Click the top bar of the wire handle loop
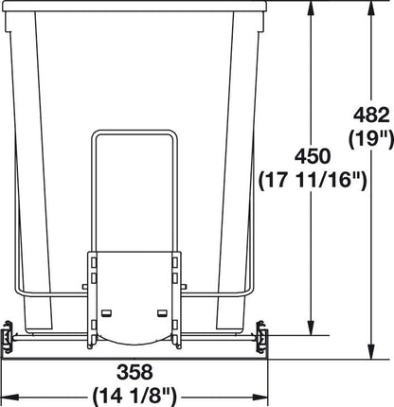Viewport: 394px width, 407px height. tap(134, 130)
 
